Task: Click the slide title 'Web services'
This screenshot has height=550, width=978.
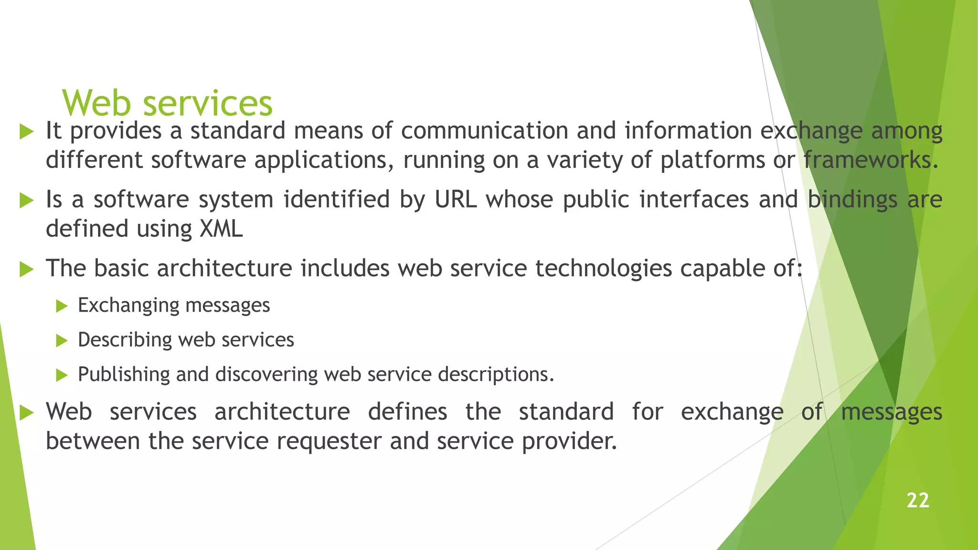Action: tap(167, 103)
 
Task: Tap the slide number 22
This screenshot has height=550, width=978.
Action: tap(917, 500)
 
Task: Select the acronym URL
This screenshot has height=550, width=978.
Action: tap(455, 200)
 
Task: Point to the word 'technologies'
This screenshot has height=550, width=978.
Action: tap(603, 268)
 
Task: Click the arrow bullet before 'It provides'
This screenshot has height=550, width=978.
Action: tap(27, 131)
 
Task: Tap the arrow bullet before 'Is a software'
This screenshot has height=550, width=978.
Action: tap(27, 201)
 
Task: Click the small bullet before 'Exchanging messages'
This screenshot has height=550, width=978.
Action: tap(62, 306)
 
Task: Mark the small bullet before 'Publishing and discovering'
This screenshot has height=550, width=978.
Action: tap(62, 375)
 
